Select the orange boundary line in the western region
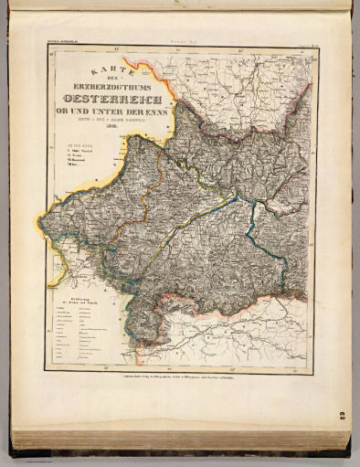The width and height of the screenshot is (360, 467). coord(101,219)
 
